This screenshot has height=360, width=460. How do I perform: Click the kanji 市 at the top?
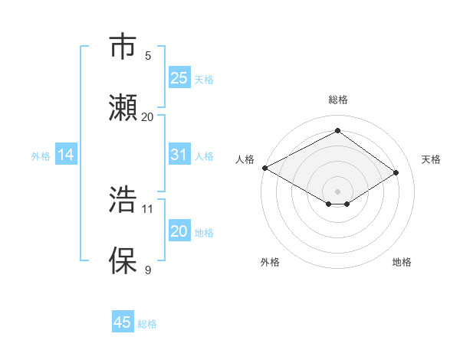123,46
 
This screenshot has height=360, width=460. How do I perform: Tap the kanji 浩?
123,198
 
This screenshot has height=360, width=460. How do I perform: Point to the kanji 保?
123,260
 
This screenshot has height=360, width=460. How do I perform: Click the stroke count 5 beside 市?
148,55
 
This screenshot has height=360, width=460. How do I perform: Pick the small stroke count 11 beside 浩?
148,208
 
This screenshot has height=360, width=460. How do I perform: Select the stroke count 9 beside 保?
148,270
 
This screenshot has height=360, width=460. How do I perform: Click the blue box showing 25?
179,77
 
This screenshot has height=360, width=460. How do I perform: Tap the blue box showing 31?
179,155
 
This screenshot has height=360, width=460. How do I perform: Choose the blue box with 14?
66,155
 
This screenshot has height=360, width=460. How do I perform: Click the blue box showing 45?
123,322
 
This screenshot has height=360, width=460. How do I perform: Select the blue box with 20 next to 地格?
179,231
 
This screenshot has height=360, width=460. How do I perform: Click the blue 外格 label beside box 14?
41,155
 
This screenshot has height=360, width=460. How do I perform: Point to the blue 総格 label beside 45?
147,323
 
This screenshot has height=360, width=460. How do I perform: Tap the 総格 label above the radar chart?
337,100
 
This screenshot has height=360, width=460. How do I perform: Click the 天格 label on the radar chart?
431,159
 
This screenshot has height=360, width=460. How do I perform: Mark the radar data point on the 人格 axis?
264,168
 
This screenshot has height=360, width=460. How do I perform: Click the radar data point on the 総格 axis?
337,130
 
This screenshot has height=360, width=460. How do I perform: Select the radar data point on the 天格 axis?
396,172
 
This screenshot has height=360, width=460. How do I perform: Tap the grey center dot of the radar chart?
337,191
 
